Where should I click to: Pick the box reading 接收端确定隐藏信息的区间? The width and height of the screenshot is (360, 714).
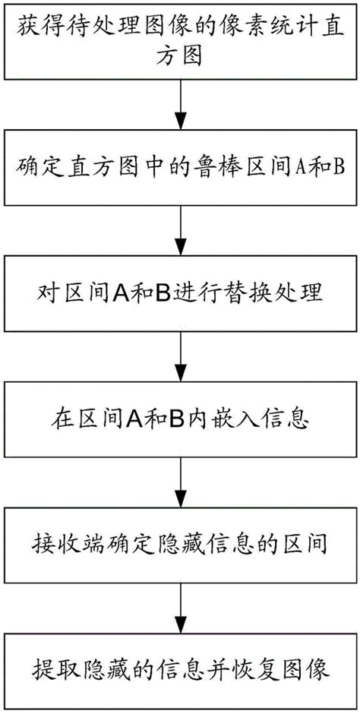pyautogui.click(x=179, y=545)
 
